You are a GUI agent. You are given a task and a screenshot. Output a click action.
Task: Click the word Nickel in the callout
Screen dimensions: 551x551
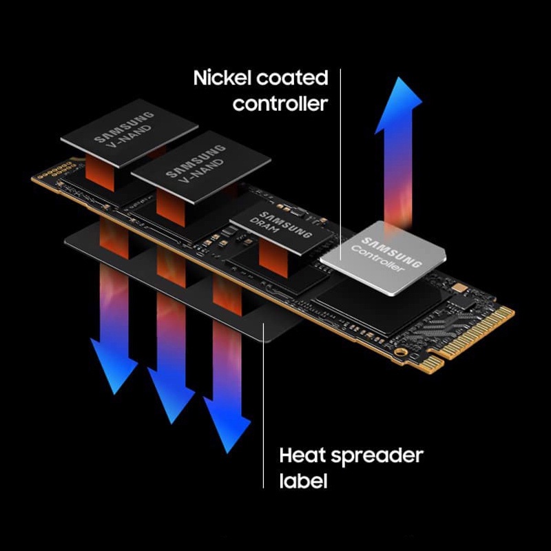pyautogui.click(x=222, y=78)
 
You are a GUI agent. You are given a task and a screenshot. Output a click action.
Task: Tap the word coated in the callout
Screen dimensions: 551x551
pyautogui.click(x=292, y=78)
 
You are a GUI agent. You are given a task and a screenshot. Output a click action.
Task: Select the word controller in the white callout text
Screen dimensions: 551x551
pyautogui.click(x=280, y=104)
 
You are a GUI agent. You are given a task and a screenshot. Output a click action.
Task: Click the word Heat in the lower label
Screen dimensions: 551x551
pyautogui.click(x=302, y=455)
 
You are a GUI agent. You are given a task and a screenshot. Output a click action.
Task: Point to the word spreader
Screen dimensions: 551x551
pyautogui.click(x=377, y=457)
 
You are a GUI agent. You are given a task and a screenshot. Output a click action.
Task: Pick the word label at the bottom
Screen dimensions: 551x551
pyautogui.click(x=303, y=481)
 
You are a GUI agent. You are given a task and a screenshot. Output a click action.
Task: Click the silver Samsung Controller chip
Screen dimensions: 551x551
pyautogui.click(x=384, y=258)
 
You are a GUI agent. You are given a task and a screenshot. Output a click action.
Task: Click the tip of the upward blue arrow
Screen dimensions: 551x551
pyautogui.click(x=398, y=78)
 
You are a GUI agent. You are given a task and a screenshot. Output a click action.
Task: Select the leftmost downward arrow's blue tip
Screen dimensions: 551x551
pyautogui.click(x=114, y=394)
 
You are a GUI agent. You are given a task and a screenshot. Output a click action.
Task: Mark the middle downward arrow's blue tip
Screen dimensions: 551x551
pyautogui.click(x=171, y=424)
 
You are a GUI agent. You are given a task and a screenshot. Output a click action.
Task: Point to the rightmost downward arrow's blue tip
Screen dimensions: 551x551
pyautogui.click(x=228, y=453)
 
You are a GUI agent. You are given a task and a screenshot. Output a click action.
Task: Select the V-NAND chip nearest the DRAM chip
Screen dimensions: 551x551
pyautogui.click(x=201, y=167)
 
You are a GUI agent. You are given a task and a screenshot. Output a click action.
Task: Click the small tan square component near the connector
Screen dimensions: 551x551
pyautogui.click(x=458, y=288)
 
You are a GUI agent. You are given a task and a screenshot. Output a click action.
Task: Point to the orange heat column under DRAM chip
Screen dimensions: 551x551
pyautogui.click(x=273, y=259)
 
